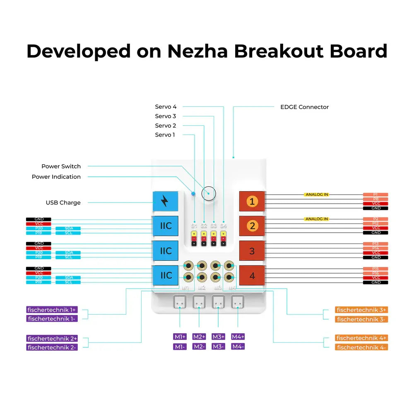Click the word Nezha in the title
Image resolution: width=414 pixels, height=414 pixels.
[x=197, y=51]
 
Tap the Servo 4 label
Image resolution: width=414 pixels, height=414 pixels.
[x=166, y=107]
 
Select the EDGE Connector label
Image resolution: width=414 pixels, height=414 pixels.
[x=304, y=107]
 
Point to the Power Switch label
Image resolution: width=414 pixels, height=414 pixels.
[x=61, y=166]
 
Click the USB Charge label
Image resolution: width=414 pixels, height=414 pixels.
[x=63, y=202]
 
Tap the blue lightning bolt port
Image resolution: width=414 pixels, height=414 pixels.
[x=165, y=201]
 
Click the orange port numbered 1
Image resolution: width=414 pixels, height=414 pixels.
[x=252, y=202]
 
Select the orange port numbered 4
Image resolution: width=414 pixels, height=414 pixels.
[x=252, y=276]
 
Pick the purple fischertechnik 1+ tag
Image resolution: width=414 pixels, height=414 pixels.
[x=52, y=310]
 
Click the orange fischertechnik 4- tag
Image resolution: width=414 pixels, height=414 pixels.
[x=361, y=347]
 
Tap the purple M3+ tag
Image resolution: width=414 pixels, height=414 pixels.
[x=218, y=337]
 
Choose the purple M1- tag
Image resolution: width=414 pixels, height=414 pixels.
[x=180, y=347]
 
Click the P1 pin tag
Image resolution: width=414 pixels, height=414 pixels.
[x=375, y=194]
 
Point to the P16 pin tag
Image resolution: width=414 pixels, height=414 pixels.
[x=375, y=273]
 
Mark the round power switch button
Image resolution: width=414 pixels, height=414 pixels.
[x=209, y=193]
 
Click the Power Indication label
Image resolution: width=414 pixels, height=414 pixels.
[x=56, y=177]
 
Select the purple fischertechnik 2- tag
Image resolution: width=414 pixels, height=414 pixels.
[x=52, y=347]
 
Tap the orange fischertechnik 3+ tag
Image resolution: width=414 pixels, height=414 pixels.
[x=361, y=310]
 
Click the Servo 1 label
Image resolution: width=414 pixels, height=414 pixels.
[x=165, y=135]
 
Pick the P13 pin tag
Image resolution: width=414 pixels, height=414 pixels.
[x=375, y=244]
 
